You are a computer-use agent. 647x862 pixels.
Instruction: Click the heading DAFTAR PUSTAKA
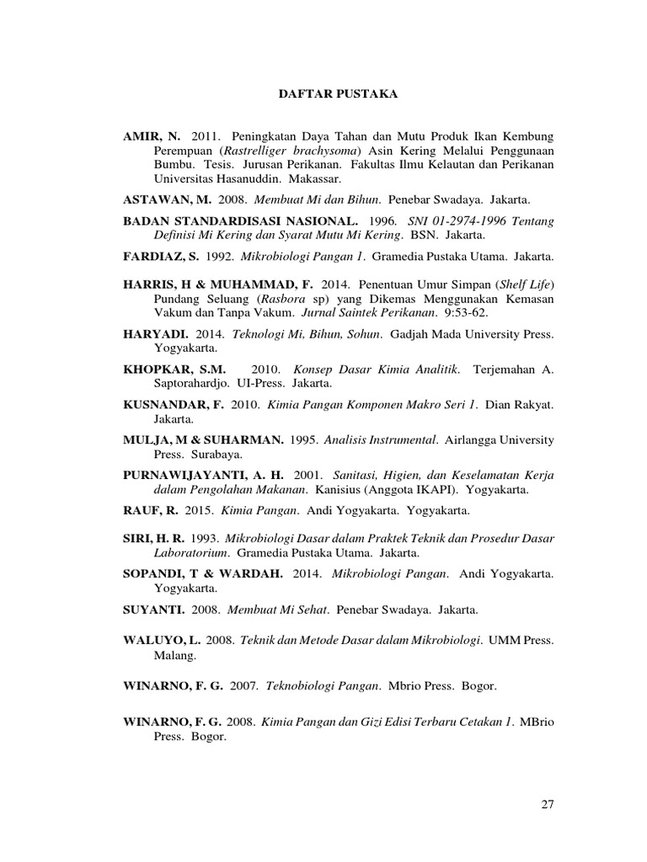[338, 95]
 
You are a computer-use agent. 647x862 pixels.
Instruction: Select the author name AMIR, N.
[151, 136]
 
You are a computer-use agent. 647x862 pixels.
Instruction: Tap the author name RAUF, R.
[146, 511]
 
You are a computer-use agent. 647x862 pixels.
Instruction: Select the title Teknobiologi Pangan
[321, 687]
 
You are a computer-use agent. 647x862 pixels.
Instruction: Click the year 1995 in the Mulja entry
[302, 439]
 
